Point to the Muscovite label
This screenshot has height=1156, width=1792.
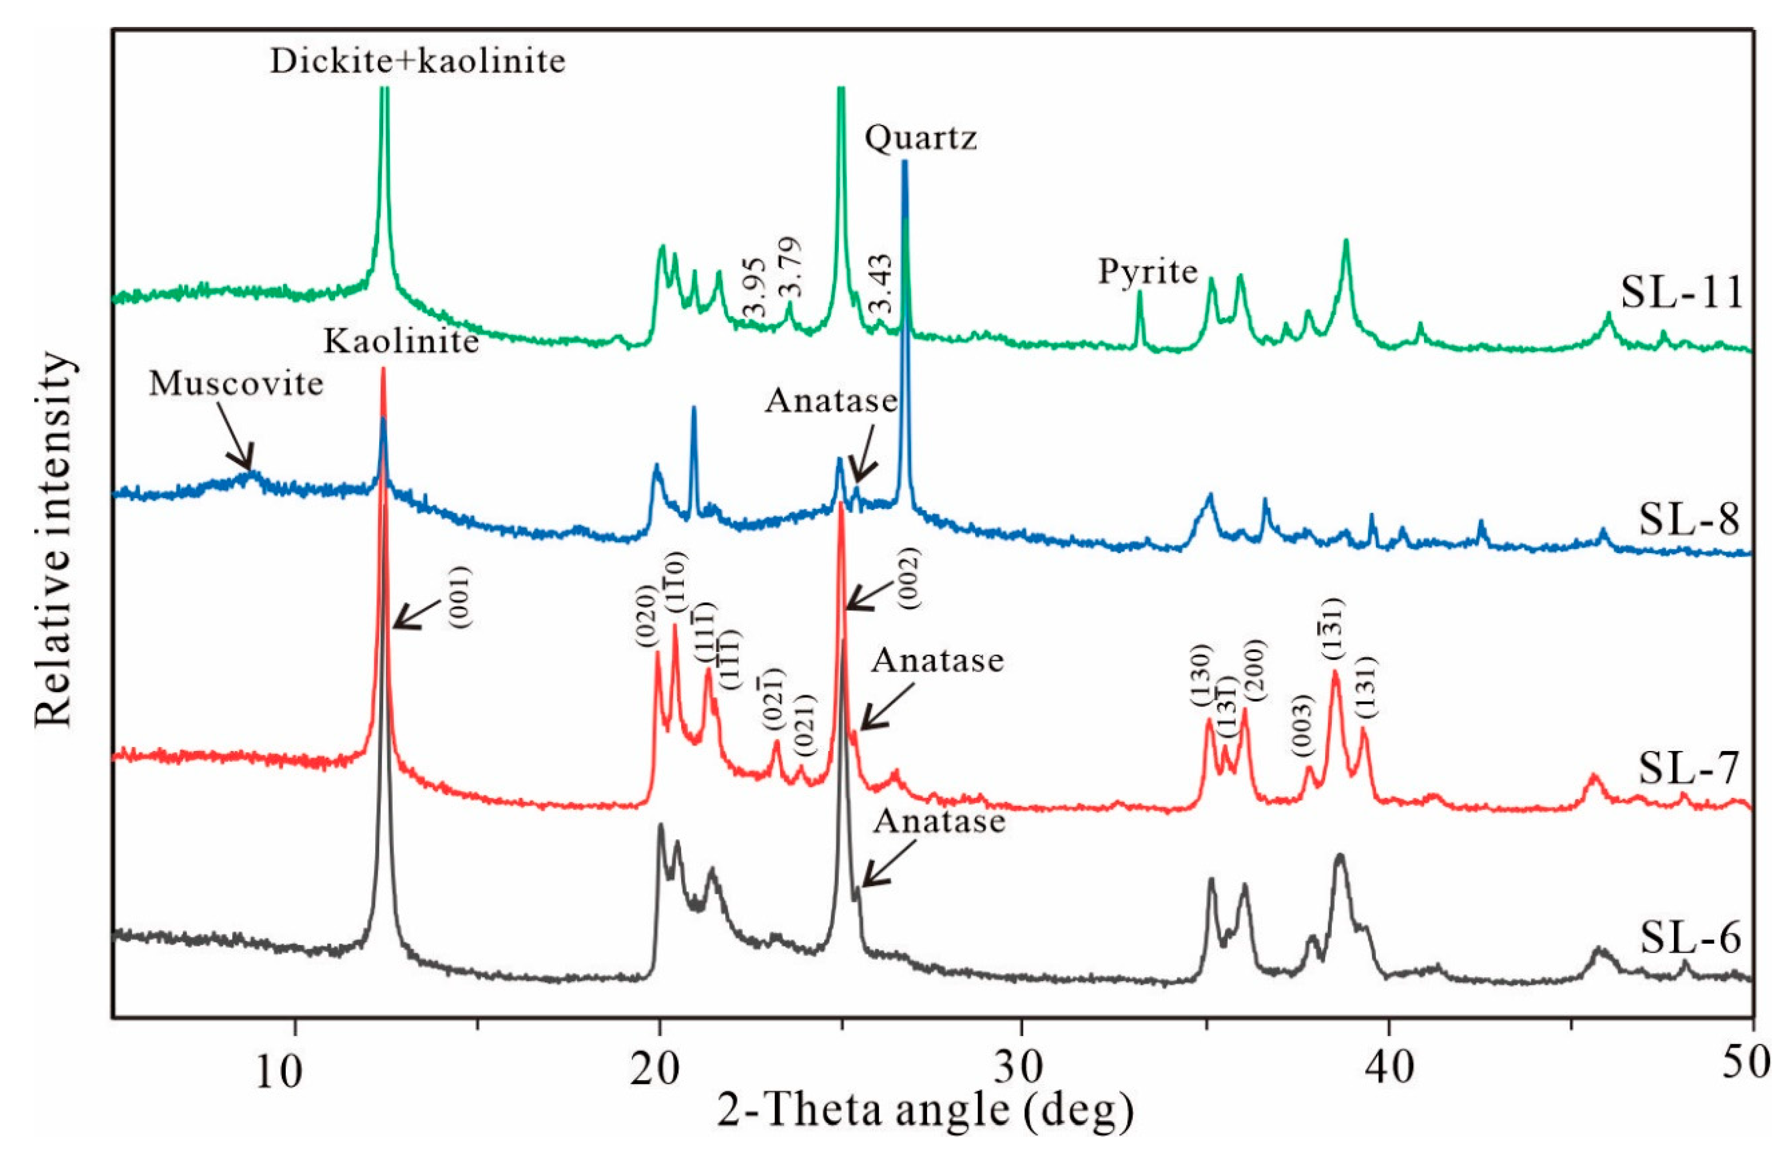point(236,385)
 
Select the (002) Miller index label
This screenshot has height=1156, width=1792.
point(909,578)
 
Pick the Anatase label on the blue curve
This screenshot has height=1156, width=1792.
point(831,402)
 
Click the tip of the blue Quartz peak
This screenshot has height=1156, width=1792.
point(905,161)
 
